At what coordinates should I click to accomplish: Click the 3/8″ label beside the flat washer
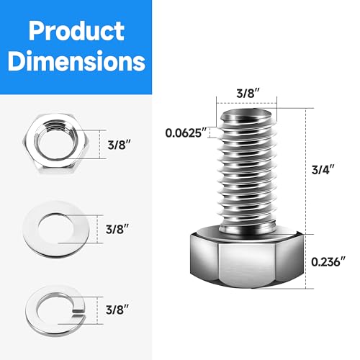[116, 230]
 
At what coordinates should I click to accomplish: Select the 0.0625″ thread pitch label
[186, 133]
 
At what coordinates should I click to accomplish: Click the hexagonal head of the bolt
[249, 263]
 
